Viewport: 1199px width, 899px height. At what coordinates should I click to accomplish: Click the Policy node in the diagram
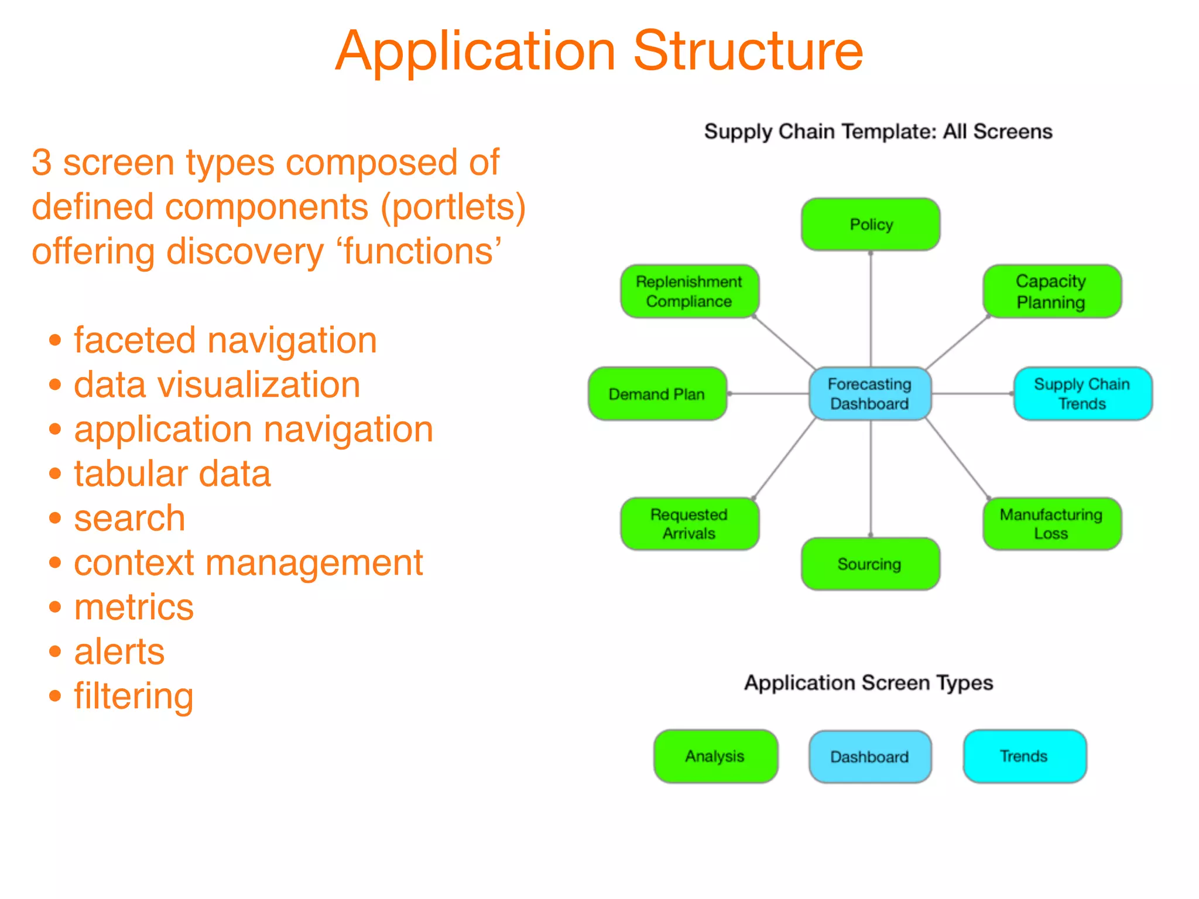[x=871, y=224]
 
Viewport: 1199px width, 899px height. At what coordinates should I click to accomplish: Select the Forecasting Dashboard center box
[x=870, y=393]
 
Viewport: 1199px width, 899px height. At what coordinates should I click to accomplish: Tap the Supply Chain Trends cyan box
[x=1082, y=393]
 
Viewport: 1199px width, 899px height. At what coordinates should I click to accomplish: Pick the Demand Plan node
[x=657, y=394]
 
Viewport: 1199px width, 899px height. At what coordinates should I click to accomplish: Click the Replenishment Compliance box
[x=690, y=291]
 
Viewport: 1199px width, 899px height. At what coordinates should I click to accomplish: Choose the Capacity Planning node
[x=1051, y=291]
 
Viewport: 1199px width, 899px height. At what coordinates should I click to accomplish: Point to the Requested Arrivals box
[x=690, y=523]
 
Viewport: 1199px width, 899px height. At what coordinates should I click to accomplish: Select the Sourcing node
[x=870, y=564]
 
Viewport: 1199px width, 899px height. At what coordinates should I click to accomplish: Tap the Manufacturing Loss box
[x=1051, y=523]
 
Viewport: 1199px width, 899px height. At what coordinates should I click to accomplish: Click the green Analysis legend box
[x=715, y=756]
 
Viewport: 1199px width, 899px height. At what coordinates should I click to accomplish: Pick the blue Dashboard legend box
[x=870, y=756]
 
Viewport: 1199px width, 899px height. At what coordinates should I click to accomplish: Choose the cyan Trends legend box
[x=1025, y=756]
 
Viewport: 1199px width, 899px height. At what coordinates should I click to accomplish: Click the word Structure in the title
[x=748, y=52]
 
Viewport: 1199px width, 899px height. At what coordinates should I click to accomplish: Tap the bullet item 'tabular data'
[x=172, y=473]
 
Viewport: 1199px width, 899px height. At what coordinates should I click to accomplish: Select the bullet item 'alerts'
[x=119, y=651]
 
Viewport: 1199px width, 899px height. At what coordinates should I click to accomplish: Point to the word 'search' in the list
[x=129, y=518]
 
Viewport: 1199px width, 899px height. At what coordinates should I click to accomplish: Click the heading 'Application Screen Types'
[x=869, y=682]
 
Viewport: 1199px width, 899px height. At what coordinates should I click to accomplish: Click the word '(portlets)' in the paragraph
[x=453, y=207]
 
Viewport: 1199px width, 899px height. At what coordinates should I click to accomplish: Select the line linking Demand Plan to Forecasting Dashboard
[x=768, y=394]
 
